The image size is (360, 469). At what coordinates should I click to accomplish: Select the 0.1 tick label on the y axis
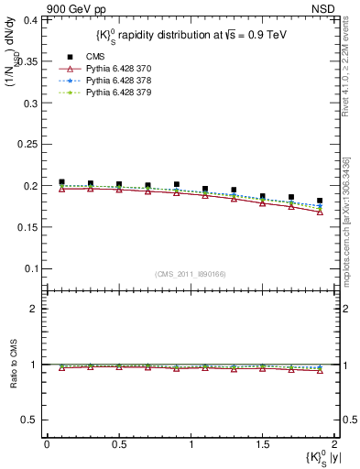click(x=32, y=268)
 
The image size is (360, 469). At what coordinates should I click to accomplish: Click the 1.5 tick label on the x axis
click(x=262, y=443)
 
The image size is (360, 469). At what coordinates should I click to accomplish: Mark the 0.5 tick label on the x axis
click(x=118, y=443)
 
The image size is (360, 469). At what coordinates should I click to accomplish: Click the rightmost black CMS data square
click(x=320, y=201)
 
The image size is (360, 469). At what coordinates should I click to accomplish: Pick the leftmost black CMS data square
click(x=61, y=182)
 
